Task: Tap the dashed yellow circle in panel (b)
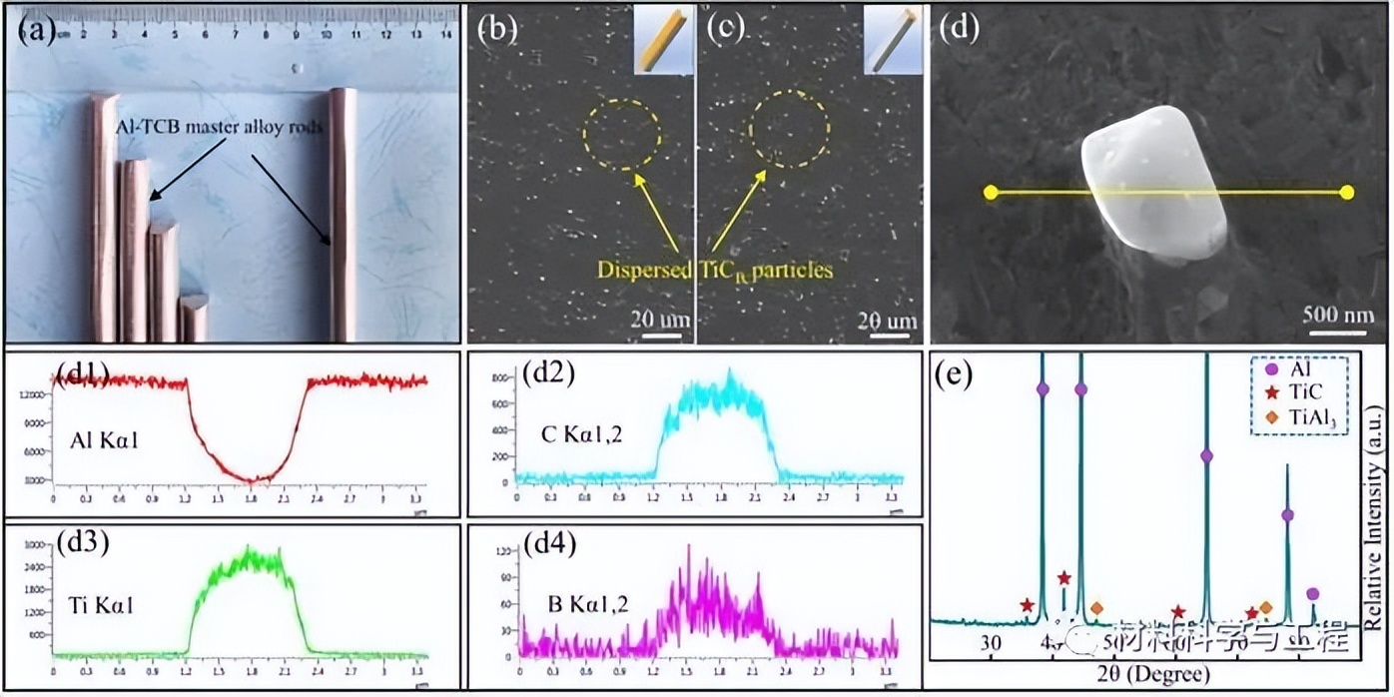[621, 135]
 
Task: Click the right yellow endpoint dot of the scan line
[1346, 192]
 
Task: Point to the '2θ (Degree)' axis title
[1141, 670]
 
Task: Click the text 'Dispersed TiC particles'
[714, 270]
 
